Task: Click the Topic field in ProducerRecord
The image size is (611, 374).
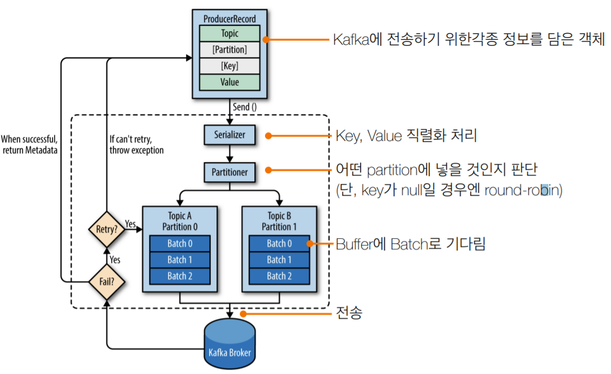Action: pos(230,34)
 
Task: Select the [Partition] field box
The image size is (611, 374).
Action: pos(230,50)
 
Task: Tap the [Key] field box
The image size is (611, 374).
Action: pos(230,66)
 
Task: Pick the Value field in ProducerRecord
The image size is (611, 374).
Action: pos(230,82)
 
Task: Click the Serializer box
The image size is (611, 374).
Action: pos(230,135)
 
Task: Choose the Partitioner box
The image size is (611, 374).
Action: pos(230,172)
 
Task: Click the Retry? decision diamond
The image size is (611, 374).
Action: pos(106,229)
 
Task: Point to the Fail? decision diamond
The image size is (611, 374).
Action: pos(106,282)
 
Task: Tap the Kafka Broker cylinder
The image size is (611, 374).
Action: pos(230,344)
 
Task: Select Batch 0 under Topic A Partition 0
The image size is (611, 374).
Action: pos(179,244)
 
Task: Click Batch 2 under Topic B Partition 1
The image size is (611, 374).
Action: pos(279,276)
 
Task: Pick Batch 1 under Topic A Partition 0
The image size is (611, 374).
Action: pos(179,260)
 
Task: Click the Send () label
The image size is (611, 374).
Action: pos(245,107)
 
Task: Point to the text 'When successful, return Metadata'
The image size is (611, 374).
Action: pos(30,145)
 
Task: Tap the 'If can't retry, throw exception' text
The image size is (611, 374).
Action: pos(136,145)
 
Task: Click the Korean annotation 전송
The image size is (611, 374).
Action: pos(349,313)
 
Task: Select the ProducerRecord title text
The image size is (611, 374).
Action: pos(230,18)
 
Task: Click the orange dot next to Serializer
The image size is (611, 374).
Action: pos(268,136)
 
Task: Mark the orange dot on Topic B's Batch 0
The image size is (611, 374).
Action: pos(310,244)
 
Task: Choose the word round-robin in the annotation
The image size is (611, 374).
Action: pos(522,190)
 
